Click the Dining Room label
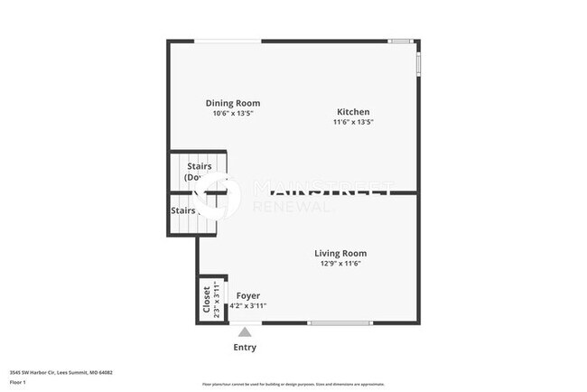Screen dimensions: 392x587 (233, 103)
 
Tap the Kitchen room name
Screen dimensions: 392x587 (353, 112)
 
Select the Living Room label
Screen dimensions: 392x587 (340, 253)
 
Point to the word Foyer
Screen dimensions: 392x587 (247, 295)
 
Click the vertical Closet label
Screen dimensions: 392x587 (207, 299)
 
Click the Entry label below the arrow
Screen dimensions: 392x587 (245, 347)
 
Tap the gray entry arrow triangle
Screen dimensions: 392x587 (245, 332)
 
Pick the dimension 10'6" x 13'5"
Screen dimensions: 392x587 (233, 114)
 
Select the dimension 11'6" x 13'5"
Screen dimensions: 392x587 (353, 122)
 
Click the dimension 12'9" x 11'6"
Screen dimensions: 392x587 (340, 264)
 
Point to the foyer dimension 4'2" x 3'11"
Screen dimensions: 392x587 (247, 306)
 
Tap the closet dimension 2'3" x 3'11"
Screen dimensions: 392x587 (217, 299)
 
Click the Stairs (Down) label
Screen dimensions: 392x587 (199, 172)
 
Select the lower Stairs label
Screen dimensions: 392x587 (183, 210)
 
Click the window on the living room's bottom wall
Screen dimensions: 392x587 (340, 322)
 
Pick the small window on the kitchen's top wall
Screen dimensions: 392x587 (399, 41)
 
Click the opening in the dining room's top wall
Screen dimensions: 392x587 (229, 41)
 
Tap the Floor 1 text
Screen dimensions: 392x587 (17, 382)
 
